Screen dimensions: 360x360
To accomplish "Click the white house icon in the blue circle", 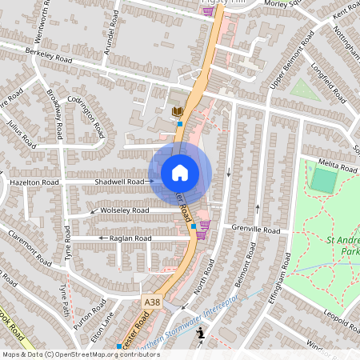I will [180, 173].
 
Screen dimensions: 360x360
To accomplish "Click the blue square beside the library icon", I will [180, 124].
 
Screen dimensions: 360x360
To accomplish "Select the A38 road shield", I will [152, 302].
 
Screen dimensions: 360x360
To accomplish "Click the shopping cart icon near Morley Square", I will [209, 10].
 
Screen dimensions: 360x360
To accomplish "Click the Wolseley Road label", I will [125, 210].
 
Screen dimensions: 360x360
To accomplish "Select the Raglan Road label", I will [132, 238].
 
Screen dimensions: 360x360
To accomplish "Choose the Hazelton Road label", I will [34, 183].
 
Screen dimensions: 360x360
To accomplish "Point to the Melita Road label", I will [338, 166].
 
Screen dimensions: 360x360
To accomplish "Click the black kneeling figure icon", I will [201, 334].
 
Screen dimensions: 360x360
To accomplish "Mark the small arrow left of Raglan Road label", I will [102, 238].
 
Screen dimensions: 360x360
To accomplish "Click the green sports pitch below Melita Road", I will [322, 181].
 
